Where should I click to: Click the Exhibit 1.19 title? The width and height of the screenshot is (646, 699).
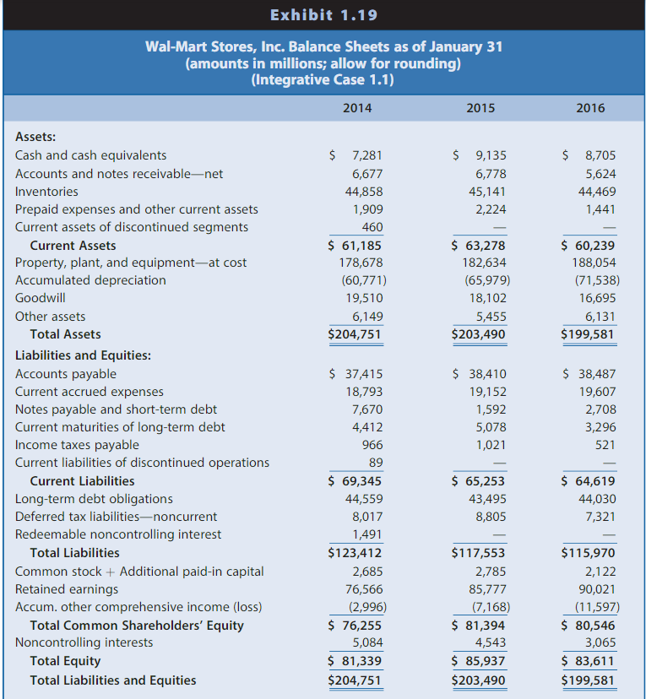[x=323, y=15]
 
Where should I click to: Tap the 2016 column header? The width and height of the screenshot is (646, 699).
[x=590, y=108]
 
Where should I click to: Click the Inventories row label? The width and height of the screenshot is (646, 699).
[x=46, y=191]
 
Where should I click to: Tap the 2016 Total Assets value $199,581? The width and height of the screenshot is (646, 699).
[x=589, y=334]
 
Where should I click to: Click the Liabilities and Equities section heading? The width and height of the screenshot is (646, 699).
[x=83, y=355]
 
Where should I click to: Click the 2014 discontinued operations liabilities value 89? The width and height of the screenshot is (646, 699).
[x=375, y=463]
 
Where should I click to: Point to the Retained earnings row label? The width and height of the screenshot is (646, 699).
[x=67, y=589]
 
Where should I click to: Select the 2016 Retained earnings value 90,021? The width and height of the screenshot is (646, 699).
[x=598, y=589]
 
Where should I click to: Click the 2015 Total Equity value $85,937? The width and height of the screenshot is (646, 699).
[x=480, y=661]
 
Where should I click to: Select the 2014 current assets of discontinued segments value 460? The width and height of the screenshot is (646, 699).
[x=372, y=227]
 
